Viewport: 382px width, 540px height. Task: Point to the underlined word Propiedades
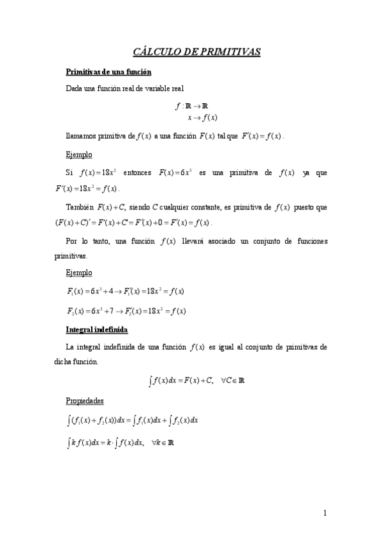(86, 401)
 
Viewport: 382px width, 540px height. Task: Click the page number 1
(325, 513)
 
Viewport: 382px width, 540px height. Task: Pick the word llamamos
(82, 136)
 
